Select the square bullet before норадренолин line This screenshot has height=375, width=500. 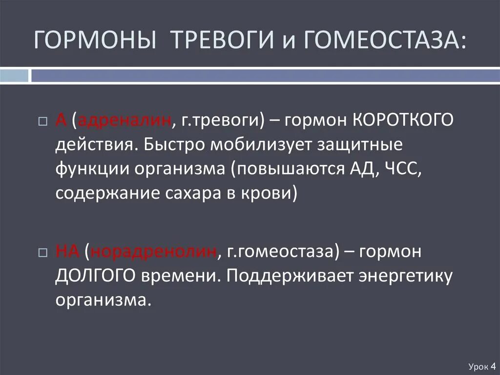tap(42, 252)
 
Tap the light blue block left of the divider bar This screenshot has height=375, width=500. tap(14, 75)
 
